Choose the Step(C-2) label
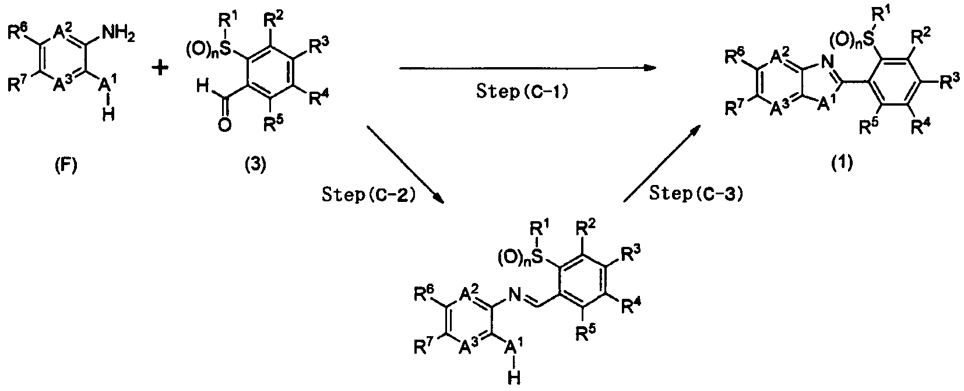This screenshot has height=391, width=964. pyautogui.click(x=368, y=195)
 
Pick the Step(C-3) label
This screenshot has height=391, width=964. pyautogui.click(x=696, y=195)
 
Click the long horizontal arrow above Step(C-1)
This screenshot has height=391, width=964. pyautogui.click(x=525, y=68)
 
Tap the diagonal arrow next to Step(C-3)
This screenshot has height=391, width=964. pyautogui.click(x=662, y=165)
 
